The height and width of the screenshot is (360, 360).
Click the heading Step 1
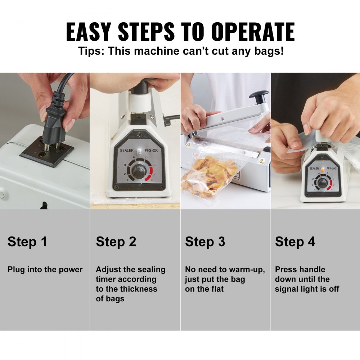27,242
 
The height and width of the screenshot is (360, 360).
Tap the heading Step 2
116,242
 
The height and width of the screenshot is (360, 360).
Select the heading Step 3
205,242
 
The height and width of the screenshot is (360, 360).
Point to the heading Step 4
295,242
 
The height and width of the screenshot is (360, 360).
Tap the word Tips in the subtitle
91,51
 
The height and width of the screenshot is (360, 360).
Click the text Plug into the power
45,270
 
